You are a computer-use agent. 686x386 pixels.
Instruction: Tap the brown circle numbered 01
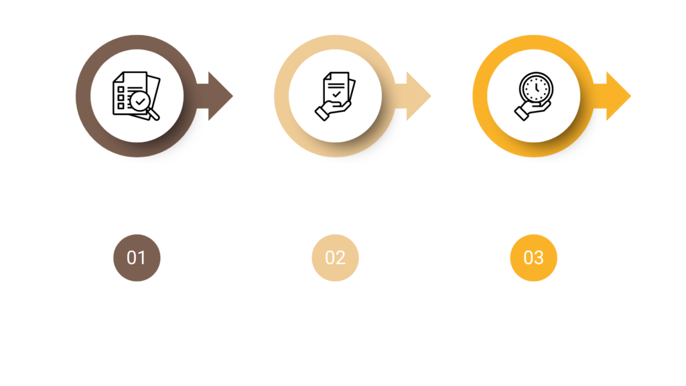tap(137, 258)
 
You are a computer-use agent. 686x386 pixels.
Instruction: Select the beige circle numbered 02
tap(335, 258)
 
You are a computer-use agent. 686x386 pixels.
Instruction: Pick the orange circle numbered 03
tap(534, 258)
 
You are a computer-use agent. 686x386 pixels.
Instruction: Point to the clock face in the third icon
tap(537, 88)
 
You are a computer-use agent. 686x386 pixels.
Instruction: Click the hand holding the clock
tap(531, 111)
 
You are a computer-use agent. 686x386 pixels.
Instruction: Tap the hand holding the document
tap(332, 111)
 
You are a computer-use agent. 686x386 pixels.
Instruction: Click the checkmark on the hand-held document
tap(336, 94)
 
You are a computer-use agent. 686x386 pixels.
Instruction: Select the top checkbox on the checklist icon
tap(121, 90)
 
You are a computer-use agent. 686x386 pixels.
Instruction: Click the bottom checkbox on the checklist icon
tap(121, 106)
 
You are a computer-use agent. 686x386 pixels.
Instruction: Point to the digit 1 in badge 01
tap(141, 258)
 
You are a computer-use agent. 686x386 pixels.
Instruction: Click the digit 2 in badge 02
tap(340, 258)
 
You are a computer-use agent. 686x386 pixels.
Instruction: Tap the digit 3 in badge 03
tap(539, 258)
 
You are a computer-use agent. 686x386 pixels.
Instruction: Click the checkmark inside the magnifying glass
tap(140, 102)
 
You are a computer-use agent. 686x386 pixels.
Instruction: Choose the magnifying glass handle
tap(153, 114)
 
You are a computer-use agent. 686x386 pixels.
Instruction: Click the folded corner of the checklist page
tap(118, 77)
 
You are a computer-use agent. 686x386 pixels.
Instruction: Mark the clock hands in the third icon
tap(537, 87)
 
